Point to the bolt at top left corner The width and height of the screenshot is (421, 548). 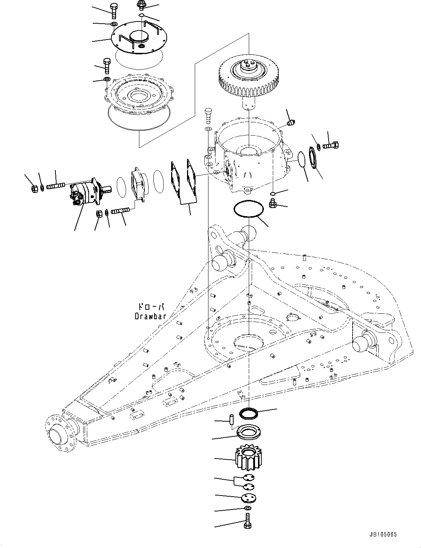pyautogui.click(x=114, y=10)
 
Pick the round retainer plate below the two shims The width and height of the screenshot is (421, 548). pyautogui.click(x=247, y=498)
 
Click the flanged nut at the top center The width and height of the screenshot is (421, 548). pyautogui.click(x=141, y=4)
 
